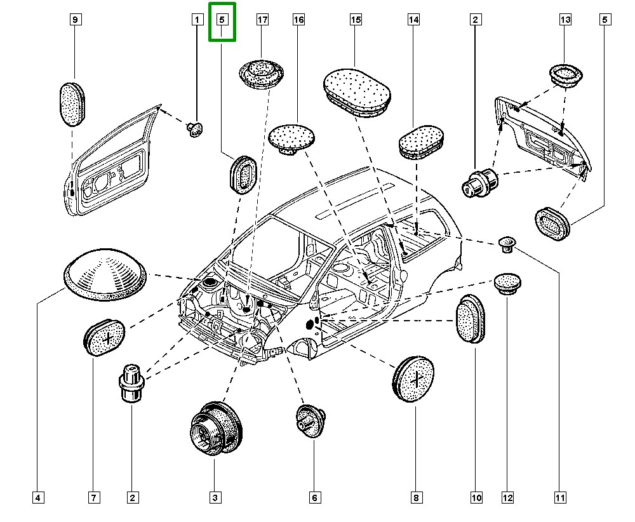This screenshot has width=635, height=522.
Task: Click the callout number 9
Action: [75, 20]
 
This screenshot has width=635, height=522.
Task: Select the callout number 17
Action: [262, 20]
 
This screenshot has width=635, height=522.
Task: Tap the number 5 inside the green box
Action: [222, 20]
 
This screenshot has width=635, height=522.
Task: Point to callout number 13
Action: [565, 20]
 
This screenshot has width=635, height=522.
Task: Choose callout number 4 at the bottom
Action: [38, 498]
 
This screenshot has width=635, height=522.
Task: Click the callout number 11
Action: [559, 498]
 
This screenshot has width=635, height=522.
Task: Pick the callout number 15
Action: [356, 20]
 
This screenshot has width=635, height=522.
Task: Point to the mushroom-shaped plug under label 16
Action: [292, 138]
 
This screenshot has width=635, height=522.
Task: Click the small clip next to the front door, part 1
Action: [195, 130]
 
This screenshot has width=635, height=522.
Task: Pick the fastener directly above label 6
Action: [311, 420]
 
